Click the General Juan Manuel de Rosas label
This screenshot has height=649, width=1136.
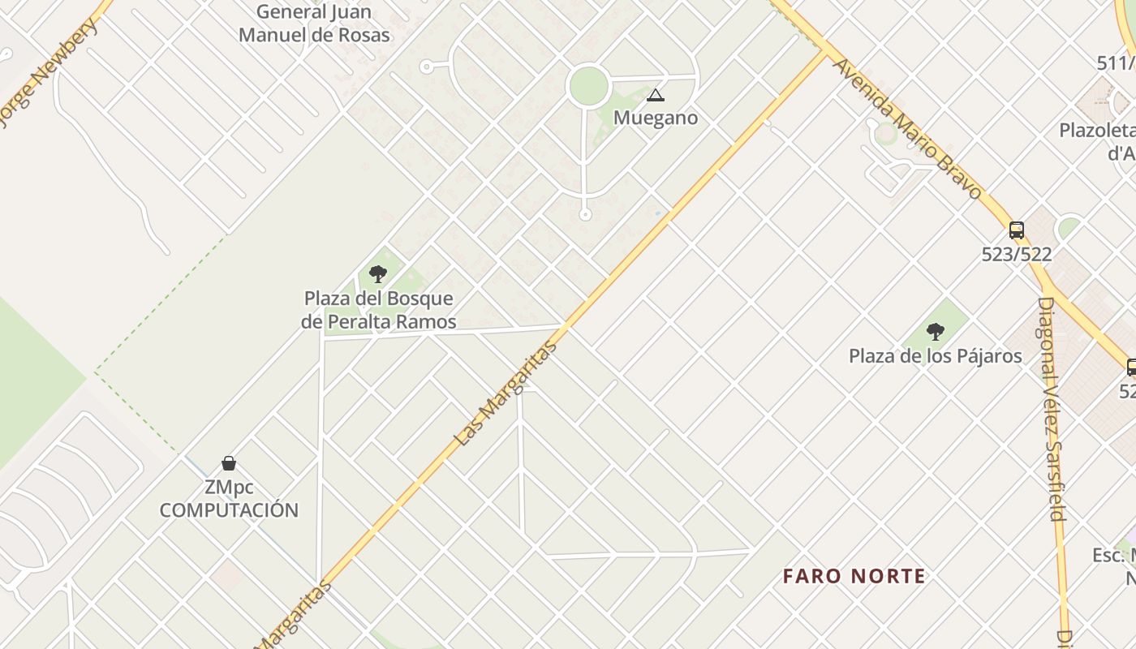click(314, 24)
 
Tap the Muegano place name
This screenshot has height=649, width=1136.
click(656, 118)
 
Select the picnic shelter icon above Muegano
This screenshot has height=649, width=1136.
click(655, 96)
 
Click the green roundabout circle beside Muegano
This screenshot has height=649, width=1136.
click(588, 85)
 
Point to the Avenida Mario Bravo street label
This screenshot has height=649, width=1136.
click(907, 128)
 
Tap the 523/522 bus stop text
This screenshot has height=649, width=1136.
click(1017, 254)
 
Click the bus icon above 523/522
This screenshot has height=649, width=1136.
click(1017, 230)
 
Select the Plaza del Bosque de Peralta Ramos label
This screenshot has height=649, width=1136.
click(378, 310)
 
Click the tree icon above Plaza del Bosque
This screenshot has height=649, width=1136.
click(377, 274)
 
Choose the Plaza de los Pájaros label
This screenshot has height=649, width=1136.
click(935, 355)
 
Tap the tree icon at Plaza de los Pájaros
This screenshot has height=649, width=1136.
click(936, 331)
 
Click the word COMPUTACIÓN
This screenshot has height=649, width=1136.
click(229, 510)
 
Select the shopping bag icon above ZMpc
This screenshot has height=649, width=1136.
click(229, 463)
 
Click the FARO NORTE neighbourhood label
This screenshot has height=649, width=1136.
click(854, 577)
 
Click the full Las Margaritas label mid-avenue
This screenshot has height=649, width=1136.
click(506, 393)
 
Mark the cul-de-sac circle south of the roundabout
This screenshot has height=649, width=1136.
click(585, 215)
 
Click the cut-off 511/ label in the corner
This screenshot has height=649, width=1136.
click(1115, 62)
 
